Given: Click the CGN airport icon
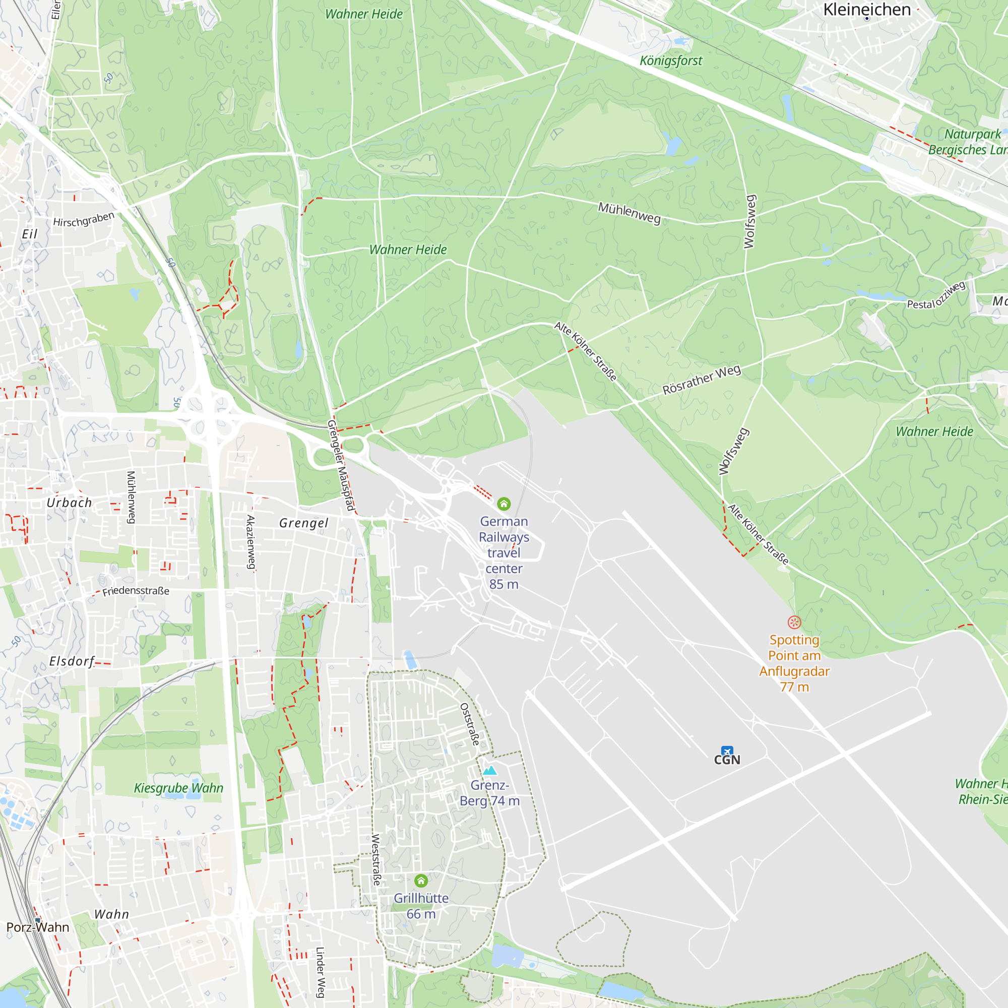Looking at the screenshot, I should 727,751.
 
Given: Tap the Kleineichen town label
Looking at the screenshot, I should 866,10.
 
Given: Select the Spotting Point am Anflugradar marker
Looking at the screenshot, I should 794,622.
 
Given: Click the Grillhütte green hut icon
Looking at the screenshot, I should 421,880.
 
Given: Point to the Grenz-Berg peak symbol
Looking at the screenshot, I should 489,771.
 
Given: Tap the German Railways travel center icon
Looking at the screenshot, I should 503,503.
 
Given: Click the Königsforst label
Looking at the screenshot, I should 670,61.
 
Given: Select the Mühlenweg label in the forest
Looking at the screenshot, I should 629,213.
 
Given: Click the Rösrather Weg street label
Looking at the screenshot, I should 701,380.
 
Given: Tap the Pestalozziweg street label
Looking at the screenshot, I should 936,296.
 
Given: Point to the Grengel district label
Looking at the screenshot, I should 303,523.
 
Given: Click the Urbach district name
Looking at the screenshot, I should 69,502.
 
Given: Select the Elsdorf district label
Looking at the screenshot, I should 72,661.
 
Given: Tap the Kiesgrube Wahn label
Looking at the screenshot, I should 178,788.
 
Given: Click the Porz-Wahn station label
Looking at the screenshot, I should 38,927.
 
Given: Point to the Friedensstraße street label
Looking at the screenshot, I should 136,591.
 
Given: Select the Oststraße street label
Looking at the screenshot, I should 470,724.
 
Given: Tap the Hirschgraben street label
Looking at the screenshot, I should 84,220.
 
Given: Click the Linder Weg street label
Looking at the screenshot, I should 321,973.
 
